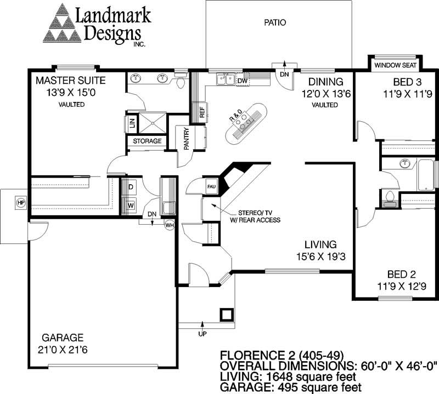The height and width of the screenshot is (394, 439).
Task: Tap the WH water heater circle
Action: [170, 224]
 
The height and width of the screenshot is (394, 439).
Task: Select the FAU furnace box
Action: [211, 186]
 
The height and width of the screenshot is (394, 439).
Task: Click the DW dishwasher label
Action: [243, 81]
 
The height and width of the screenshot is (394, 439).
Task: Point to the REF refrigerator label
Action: [202, 113]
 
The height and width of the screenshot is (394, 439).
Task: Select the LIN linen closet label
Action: [132, 122]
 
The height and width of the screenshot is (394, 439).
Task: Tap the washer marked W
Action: [131, 205]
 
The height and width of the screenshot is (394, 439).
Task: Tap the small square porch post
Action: [227, 315]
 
